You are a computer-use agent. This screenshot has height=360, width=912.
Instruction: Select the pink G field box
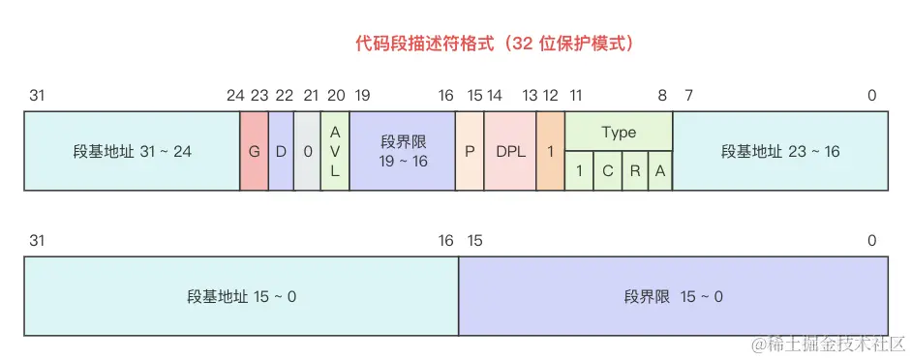coord(255,151)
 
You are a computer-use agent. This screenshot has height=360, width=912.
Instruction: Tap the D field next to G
coord(281,151)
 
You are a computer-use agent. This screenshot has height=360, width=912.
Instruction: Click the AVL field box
coord(335,151)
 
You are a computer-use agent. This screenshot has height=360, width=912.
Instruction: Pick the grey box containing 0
coord(307,151)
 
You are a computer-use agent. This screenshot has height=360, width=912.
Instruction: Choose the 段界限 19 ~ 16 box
coord(402,151)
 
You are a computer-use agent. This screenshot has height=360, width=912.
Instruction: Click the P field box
coord(470,151)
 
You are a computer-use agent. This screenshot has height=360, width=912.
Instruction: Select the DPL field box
coord(510,151)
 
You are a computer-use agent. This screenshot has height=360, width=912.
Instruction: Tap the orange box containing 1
coord(550,151)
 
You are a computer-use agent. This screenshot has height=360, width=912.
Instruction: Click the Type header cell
coord(619,132)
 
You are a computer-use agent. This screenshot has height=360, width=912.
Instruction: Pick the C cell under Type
coord(607,170)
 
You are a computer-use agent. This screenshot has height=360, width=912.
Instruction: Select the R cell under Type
coord(635,170)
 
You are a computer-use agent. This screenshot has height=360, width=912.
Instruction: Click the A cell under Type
coord(660,170)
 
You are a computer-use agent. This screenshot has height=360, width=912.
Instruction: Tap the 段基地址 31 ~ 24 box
coord(132,151)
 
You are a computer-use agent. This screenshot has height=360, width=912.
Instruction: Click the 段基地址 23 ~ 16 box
coord(780,151)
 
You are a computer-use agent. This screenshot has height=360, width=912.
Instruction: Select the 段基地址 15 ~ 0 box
coord(241,295)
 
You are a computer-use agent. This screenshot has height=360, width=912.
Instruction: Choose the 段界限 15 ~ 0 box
coord(673,295)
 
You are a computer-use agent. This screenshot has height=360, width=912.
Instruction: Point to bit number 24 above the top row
coord(235,95)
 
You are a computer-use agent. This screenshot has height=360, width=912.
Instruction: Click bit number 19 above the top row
coord(362,95)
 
